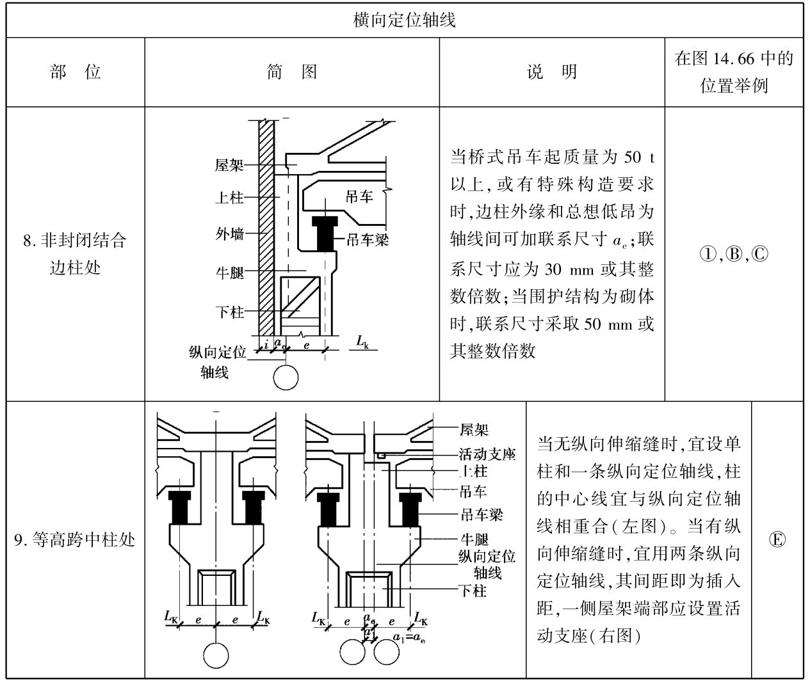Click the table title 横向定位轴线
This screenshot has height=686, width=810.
tap(405, 19)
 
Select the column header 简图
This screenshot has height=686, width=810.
tap(292, 72)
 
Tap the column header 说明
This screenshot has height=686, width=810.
tap(552, 72)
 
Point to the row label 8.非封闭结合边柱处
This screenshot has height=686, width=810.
tap(75, 253)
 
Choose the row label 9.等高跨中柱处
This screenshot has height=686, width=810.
tap(75, 540)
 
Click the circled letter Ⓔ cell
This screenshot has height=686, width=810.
tap(777, 540)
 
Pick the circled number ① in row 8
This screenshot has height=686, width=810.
tap(707, 254)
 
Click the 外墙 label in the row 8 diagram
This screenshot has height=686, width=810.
tap(229, 234)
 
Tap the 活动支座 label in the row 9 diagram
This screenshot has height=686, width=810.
tap(487, 454)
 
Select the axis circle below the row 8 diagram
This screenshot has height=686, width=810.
tap(286, 378)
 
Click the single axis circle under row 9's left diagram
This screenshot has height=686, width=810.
tap(216, 655)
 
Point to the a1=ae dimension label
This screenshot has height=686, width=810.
tap(410, 637)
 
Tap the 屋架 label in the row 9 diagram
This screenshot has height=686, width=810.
tap(474, 430)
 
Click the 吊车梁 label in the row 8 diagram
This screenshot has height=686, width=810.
tap(367, 239)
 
